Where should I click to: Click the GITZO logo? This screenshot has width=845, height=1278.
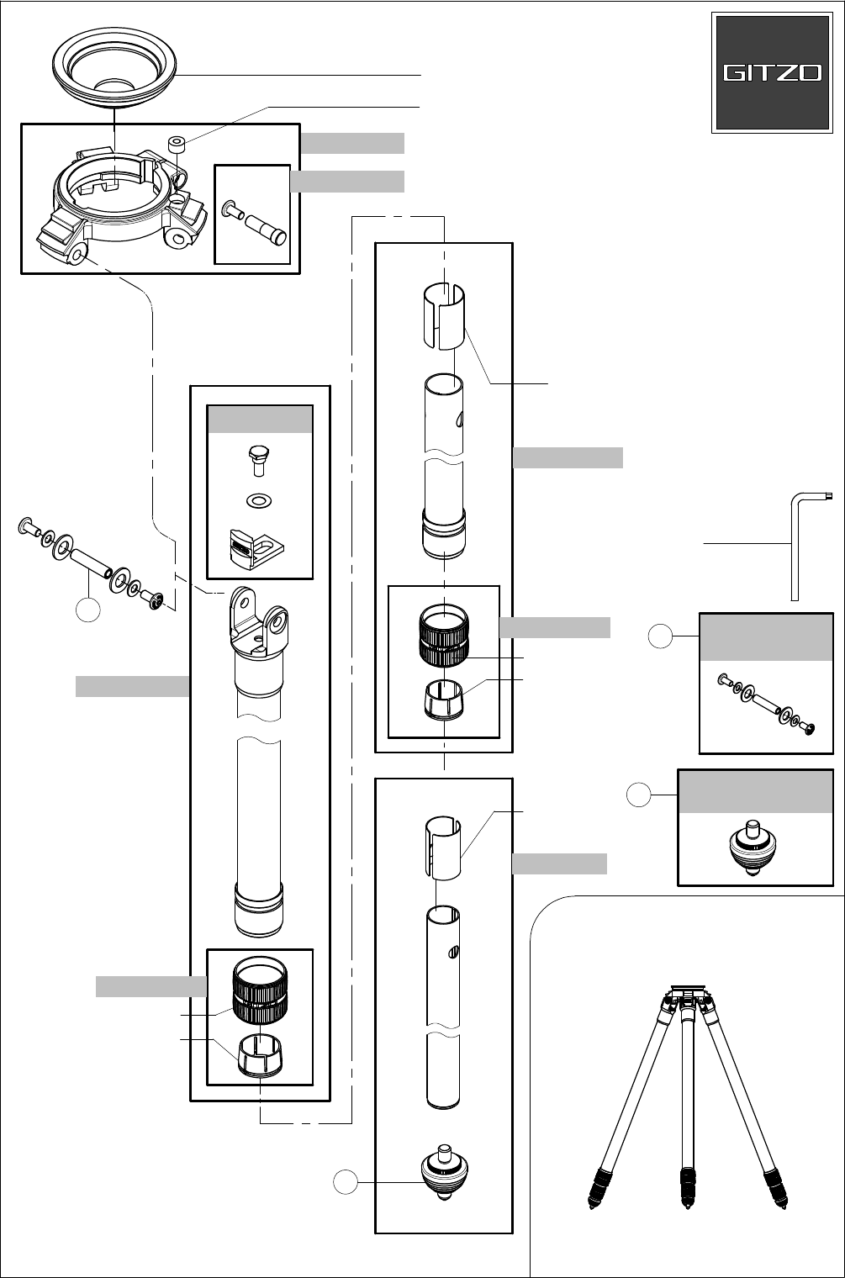(772, 72)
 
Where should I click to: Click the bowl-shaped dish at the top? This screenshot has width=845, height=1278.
(114, 67)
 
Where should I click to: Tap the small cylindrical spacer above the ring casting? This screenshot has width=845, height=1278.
(177, 144)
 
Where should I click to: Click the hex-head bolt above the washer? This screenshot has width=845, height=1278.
(259, 461)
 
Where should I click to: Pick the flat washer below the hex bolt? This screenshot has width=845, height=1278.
(259, 501)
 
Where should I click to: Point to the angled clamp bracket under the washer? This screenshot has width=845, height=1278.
(256, 549)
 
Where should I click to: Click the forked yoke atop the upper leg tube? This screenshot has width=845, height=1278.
(258, 624)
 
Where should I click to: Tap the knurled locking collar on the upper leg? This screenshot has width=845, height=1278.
(260, 990)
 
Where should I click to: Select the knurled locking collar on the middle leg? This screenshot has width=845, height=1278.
(444, 636)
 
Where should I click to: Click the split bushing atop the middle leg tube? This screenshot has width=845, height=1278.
(444, 315)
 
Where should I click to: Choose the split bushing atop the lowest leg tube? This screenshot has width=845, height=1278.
(443, 848)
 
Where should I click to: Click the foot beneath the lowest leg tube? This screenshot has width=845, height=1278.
(444, 1172)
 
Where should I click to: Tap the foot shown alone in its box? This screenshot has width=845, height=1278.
(753, 848)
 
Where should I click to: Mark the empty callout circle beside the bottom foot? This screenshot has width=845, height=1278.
(346, 1181)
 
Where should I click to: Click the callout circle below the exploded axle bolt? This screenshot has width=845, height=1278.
(88, 610)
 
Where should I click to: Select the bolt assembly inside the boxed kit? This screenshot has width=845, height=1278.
(766, 704)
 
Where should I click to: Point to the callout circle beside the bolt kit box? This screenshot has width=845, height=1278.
(660, 636)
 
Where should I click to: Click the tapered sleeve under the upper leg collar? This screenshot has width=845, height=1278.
(260, 1055)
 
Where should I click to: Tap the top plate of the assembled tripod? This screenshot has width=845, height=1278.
(688, 988)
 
